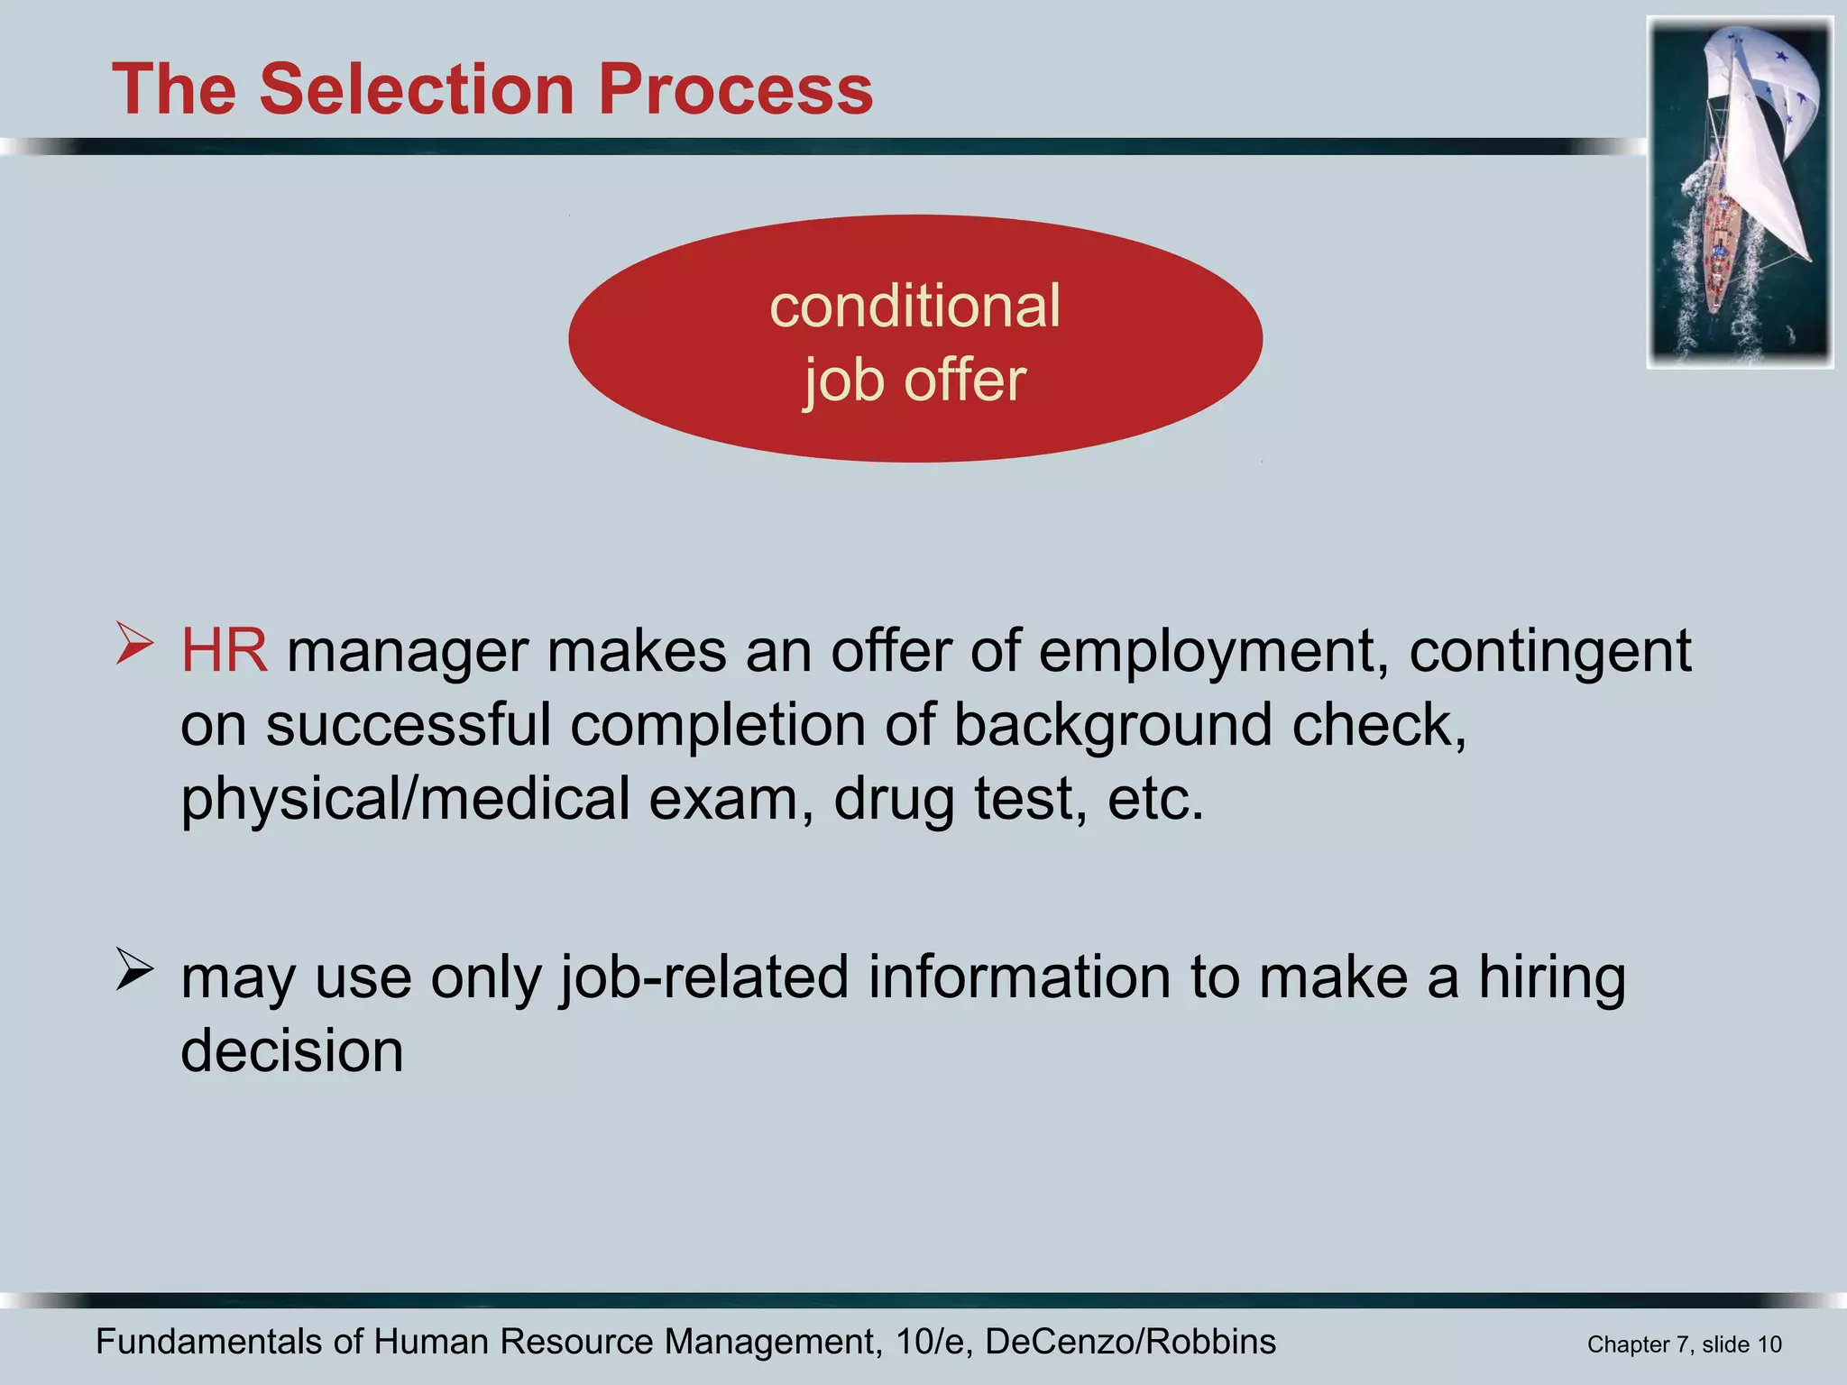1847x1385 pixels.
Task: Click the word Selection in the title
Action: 417,90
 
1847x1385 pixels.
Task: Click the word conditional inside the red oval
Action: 914,307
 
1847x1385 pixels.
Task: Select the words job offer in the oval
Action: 914,381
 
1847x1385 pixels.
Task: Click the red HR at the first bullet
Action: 224,651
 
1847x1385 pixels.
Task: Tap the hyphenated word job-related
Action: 704,978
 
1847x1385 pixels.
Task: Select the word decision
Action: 291,1051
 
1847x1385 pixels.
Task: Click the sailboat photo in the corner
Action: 1739,192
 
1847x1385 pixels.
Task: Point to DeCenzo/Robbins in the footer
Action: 1130,1342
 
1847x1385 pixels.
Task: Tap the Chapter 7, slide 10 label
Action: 1684,1344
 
